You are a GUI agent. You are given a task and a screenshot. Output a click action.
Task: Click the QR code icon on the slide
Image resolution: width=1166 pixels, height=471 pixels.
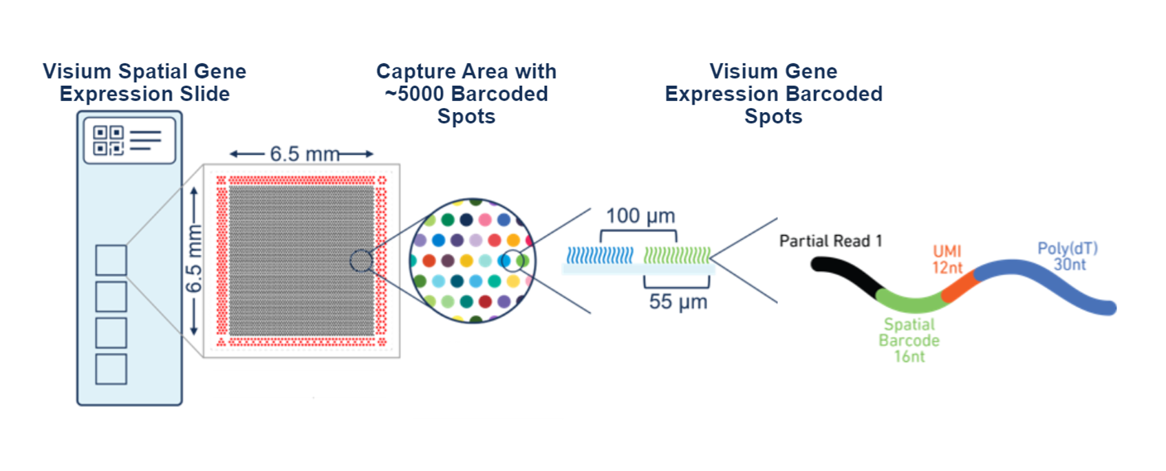[x=108, y=140]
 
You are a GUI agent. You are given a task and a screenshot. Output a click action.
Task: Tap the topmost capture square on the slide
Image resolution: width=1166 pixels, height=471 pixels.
[x=111, y=260]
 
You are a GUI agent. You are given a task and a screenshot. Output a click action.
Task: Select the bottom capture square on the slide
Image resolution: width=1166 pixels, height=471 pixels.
[x=111, y=369]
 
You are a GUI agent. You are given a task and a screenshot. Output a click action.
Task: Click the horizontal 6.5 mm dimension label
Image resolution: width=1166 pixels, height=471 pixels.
[x=305, y=154]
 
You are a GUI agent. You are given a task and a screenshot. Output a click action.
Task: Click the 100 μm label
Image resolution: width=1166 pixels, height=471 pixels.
[x=640, y=216]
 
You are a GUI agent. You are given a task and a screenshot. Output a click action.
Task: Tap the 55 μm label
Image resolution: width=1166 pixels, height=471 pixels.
[x=678, y=302]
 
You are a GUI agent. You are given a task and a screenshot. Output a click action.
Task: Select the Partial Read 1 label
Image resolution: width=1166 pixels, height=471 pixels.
[x=831, y=241]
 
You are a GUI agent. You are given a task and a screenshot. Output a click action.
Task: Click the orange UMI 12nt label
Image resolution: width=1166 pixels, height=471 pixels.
[x=947, y=260]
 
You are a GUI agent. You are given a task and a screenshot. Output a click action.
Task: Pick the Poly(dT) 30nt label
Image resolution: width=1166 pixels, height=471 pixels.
[x=1068, y=256]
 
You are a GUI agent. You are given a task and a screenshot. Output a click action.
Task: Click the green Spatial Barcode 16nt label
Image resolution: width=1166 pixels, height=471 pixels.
[x=909, y=340]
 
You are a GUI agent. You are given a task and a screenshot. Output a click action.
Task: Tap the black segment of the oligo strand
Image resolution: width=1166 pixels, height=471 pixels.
[x=846, y=275]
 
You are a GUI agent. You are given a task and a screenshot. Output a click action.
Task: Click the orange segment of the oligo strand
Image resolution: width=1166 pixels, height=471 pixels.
[x=960, y=287]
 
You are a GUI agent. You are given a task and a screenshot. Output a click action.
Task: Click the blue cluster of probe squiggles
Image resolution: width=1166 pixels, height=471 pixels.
[x=600, y=255]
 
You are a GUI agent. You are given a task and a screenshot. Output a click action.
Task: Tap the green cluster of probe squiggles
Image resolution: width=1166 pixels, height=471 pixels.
[x=677, y=255]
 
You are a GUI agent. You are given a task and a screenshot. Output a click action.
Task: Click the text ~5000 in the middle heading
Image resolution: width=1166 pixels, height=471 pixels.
[x=415, y=94]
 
